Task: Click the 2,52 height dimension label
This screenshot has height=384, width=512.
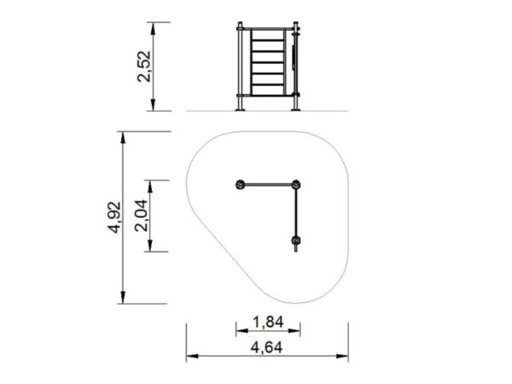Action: (x=144, y=66)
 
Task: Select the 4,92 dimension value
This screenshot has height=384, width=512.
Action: (x=115, y=218)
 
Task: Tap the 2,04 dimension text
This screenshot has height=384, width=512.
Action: (x=141, y=216)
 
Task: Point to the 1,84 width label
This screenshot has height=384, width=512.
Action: (x=269, y=323)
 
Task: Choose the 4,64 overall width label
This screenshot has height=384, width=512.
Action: (x=266, y=347)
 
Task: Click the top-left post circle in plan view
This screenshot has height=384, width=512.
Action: (x=240, y=185)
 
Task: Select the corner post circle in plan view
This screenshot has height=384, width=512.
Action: (x=296, y=185)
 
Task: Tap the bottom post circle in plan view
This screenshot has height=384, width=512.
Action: (x=296, y=241)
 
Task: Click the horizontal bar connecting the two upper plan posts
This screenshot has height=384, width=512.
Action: (x=268, y=185)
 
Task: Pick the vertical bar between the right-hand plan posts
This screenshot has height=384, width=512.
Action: (x=296, y=212)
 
